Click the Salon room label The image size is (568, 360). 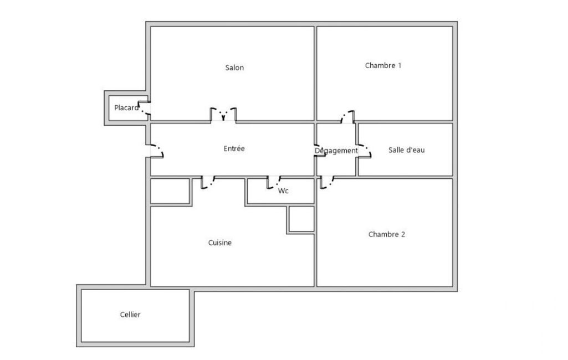234,68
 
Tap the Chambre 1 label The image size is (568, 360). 383,65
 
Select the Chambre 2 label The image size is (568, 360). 386,234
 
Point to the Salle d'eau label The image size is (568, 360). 406,150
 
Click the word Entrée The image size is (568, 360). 234,148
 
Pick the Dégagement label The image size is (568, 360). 336,151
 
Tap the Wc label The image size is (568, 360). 283,191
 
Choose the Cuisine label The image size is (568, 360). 220,243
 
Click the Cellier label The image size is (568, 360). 130,315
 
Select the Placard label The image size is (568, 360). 126,107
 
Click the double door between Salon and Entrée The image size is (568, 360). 223,114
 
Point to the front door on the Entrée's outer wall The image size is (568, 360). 157,151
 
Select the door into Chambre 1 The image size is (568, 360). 348,117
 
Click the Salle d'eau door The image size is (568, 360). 365,151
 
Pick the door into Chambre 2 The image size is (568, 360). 327,183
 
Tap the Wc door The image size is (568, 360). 274,183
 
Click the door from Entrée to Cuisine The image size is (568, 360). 208,183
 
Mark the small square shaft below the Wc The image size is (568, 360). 301,219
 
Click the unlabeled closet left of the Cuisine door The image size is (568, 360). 170,191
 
